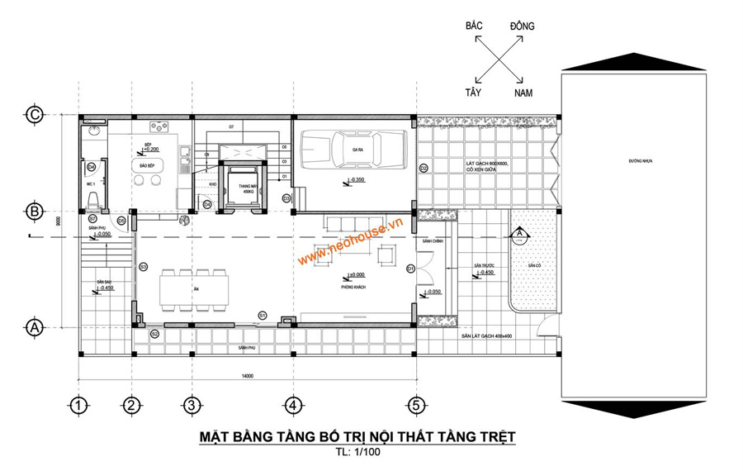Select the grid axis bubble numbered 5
(x=417, y=405)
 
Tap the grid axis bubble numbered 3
(x=191, y=405)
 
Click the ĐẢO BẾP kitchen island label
(x=149, y=164)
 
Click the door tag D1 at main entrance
(x=410, y=268)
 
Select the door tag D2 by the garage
(x=423, y=168)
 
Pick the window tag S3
(x=143, y=266)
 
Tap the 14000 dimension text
(x=247, y=376)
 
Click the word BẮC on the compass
(x=474, y=26)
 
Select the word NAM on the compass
(x=523, y=94)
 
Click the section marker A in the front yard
(x=519, y=234)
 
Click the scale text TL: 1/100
(x=356, y=452)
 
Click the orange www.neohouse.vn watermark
(x=350, y=242)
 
